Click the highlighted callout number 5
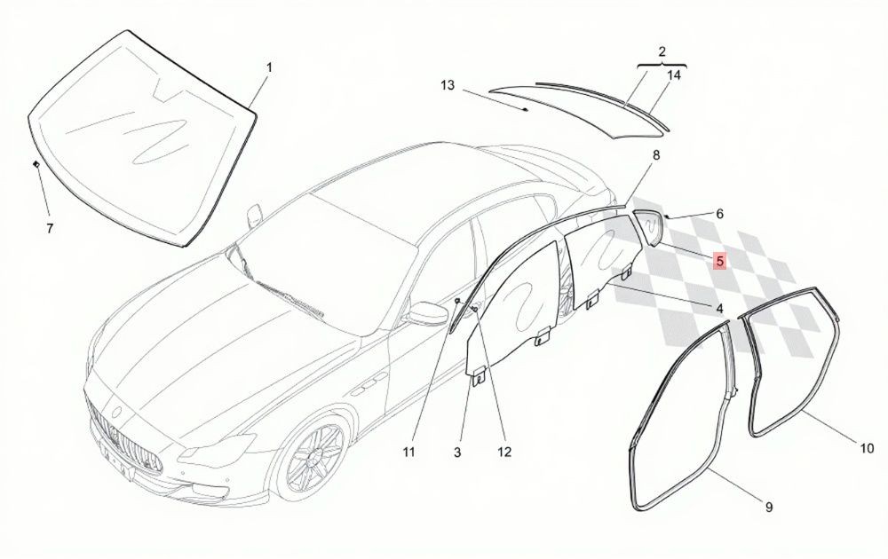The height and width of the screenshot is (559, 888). point(719,262)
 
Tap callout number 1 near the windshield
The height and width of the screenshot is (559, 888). point(270,67)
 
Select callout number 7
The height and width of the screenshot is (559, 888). point(50,229)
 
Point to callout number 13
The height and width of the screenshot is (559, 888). point(448,85)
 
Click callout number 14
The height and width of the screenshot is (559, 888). point(673,75)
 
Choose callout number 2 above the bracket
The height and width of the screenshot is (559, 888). point(662,51)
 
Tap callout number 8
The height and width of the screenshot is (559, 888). point(656,154)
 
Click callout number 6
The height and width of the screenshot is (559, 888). point(719,214)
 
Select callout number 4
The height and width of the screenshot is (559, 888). point(719,309)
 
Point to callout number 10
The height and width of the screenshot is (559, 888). point(867,448)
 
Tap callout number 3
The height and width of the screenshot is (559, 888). point(457,452)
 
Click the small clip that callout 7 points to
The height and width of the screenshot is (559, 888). point(36,164)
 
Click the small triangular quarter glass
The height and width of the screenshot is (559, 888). point(648,225)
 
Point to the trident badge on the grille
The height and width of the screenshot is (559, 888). point(118,412)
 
